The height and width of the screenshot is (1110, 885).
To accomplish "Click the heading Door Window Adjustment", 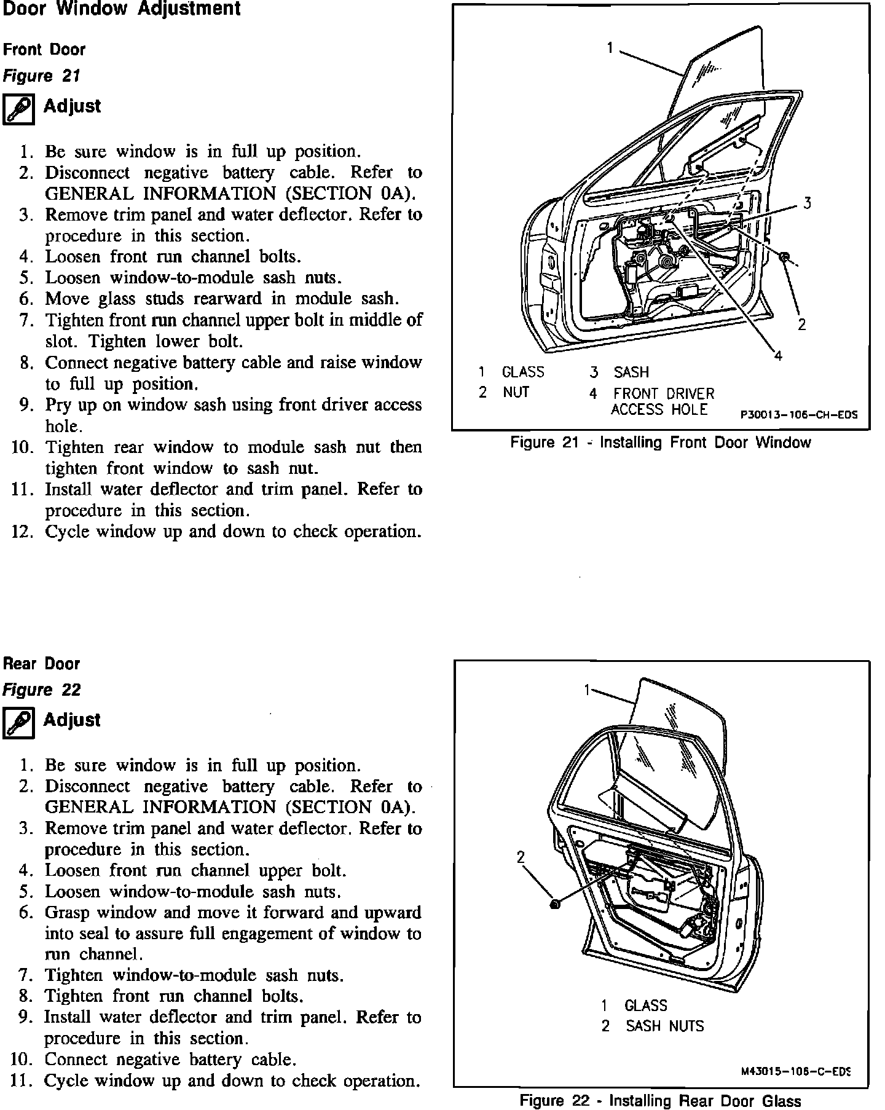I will point(122,10).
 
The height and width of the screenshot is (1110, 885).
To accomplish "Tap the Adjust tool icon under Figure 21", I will point(18,110).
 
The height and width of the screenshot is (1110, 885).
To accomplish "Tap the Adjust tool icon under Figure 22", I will point(18,723).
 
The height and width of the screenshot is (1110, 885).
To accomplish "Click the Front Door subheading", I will point(44,50).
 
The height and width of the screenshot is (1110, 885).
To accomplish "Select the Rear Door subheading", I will point(42,664).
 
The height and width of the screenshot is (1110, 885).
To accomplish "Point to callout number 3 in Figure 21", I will point(807,203).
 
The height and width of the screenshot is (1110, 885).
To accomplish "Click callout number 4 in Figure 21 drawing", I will point(778,356).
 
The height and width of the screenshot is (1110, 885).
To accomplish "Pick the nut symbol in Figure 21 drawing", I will point(785,256).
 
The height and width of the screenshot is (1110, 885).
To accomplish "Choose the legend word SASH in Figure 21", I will point(631,372).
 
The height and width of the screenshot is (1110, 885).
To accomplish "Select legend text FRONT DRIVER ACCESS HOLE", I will point(663,401).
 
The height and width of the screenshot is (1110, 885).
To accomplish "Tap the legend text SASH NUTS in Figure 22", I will point(664,1026).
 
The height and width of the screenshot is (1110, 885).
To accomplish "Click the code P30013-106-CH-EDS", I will point(798,415).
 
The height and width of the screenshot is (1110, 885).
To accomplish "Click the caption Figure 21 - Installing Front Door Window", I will point(660,443).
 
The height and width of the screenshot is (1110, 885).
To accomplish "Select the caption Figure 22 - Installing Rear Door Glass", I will point(660,1101).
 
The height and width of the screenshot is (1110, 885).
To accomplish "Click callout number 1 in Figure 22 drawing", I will point(588,690).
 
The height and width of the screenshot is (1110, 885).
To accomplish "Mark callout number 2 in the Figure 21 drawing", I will point(801,325).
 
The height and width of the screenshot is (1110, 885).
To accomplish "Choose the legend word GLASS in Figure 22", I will point(645,1006).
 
